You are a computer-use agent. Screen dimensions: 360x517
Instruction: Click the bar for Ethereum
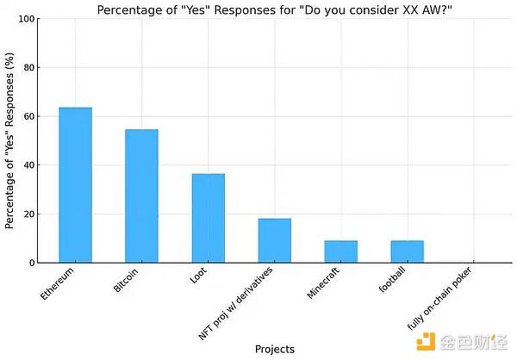(x=75, y=184)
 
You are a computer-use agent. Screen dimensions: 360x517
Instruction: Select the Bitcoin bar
(x=141, y=196)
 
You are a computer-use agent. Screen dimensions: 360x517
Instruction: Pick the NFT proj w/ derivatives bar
(x=274, y=240)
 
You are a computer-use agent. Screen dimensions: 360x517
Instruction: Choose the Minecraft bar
(x=340, y=251)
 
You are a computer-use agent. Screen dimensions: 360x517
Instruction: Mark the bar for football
(x=407, y=251)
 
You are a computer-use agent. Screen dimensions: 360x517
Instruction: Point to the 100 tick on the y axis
(x=28, y=19)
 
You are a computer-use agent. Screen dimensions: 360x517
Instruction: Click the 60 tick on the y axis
(x=30, y=116)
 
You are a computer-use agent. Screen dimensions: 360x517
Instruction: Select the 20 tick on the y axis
(x=30, y=214)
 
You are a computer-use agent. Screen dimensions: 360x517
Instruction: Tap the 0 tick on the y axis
(x=33, y=263)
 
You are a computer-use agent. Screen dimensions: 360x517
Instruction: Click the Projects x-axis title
(x=274, y=349)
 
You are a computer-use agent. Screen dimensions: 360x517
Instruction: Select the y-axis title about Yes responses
(x=10, y=140)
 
